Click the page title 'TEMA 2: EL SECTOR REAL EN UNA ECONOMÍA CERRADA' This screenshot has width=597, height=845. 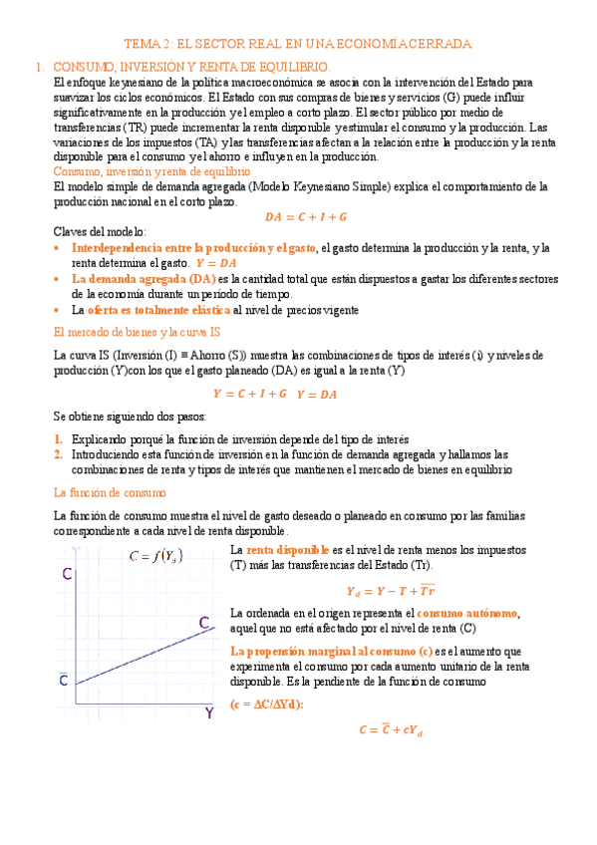point(297,44)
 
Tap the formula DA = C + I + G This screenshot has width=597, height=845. point(305,216)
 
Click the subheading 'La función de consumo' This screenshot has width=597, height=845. point(109,492)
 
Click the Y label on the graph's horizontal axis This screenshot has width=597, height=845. point(209,712)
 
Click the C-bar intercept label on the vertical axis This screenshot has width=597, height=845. point(63,681)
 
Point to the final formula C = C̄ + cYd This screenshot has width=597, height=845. point(391,729)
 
